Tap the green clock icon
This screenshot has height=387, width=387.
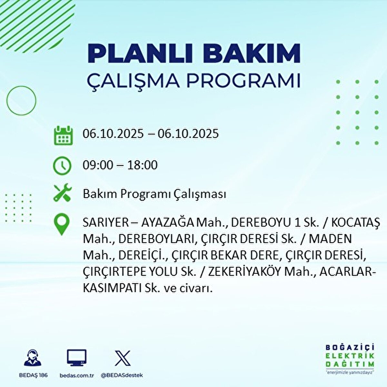[x=62, y=165]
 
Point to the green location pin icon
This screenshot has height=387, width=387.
[x=62, y=224]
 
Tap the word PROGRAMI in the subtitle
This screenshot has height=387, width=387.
[x=244, y=80]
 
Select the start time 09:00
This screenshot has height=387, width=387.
[x=98, y=165]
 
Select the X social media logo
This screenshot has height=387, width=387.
[x=123, y=358]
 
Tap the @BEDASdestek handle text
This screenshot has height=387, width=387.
[x=122, y=375]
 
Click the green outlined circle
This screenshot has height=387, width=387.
[x=21, y=100]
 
